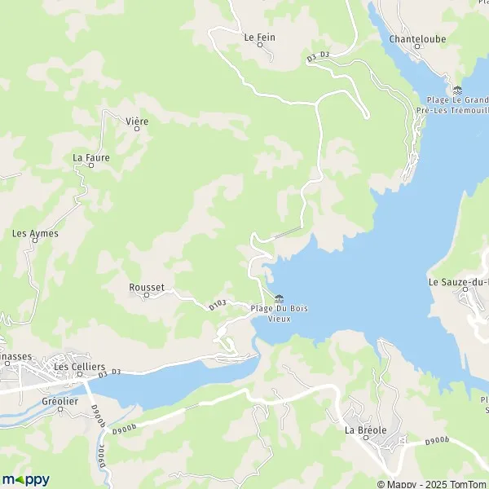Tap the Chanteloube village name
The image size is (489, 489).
[x=416, y=37]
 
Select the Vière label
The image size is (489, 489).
[x=137, y=121]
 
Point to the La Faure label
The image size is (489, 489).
[x=90, y=157]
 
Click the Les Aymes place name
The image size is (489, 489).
[x=35, y=233]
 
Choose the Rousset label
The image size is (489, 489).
[x=147, y=287]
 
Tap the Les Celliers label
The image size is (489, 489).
[x=73, y=367]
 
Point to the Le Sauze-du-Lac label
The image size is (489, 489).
[x=458, y=282]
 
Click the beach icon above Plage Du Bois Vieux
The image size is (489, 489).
[x=280, y=297]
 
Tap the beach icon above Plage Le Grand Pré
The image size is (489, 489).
[x=456, y=90]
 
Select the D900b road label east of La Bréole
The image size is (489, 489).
[x=437, y=441]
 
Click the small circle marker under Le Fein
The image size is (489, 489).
[x=260, y=45]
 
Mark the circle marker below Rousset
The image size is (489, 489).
[x=147, y=295]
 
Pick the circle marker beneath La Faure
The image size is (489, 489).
[x=90, y=165]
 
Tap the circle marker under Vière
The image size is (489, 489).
[x=137, y=130]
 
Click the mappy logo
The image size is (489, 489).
[x=26, y=478]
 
